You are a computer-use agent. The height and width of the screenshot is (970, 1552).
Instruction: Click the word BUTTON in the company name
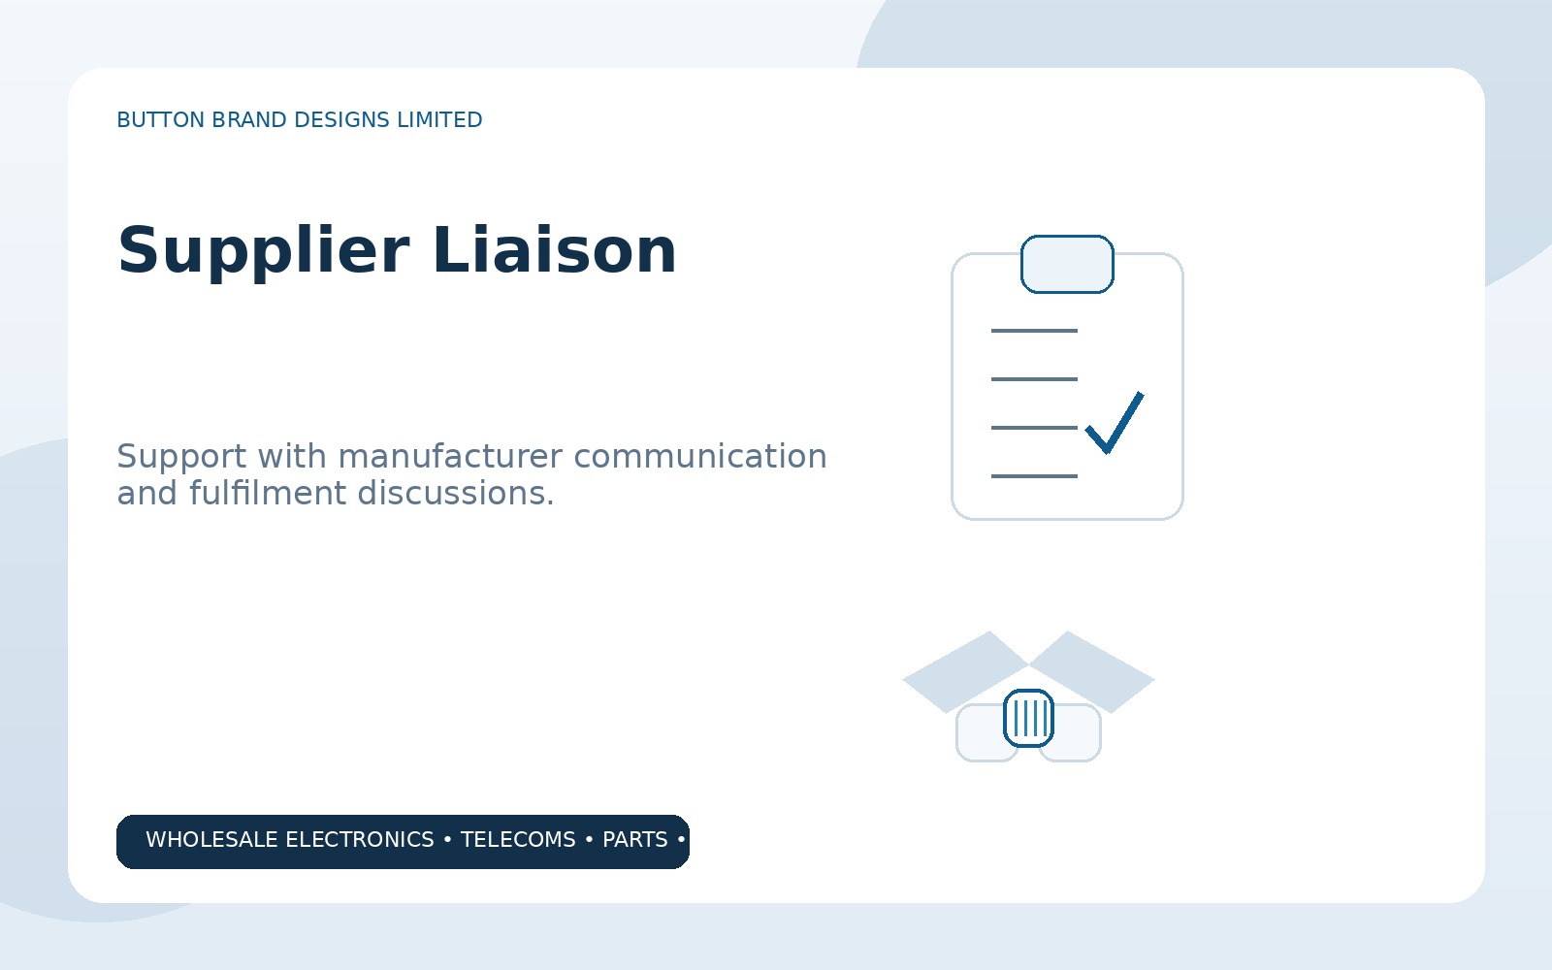point(161,120)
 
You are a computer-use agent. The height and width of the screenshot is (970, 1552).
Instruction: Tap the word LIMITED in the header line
point(439,120)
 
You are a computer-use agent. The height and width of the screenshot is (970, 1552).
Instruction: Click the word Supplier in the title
point(263,252)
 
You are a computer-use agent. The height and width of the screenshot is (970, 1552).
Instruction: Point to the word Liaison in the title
point(554,250)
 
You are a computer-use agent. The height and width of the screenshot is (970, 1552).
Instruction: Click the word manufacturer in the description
point(450,457)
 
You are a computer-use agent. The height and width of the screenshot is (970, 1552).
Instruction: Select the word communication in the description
point(700,457)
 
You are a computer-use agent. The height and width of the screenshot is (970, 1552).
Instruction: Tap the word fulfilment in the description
point(268,493)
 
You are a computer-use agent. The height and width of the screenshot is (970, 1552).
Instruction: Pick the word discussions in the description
point(456,493)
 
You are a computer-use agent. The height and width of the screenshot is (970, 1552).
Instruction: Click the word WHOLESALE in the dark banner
point(212,840)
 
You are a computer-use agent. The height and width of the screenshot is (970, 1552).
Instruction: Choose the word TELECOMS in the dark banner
point(518,840)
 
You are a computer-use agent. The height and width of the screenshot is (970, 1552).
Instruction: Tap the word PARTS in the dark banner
point(634,840)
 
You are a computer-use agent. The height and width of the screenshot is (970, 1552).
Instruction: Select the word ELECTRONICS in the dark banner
point(360,840)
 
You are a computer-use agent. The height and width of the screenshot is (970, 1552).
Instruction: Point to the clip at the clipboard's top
point(1067,264)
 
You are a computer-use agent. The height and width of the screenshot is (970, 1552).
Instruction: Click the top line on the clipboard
point(1034,331)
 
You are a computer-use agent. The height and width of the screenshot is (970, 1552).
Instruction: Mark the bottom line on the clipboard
point(1034,476)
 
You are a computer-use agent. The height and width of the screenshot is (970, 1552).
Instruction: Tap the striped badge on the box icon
point(1028,719)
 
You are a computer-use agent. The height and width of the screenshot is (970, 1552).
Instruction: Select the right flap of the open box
point(1092,672)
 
